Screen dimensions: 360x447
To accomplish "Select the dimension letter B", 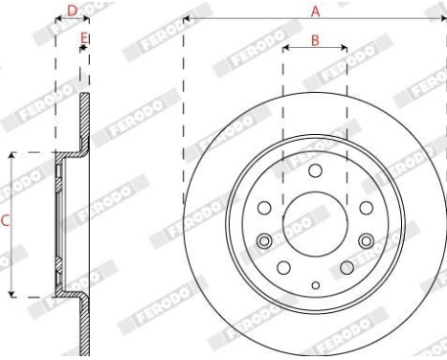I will coord(315,41).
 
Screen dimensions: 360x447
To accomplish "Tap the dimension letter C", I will coord(5,221).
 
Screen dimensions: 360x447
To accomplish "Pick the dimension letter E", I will coord(85,37).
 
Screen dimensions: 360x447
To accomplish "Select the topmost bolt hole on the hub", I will coord(314,169).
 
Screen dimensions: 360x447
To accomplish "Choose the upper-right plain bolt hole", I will coord(365,208).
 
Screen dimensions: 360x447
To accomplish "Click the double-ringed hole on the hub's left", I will coord(264,240).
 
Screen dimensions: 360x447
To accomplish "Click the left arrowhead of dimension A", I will coord(186,18).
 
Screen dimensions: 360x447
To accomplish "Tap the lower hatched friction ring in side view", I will coord(84,326).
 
